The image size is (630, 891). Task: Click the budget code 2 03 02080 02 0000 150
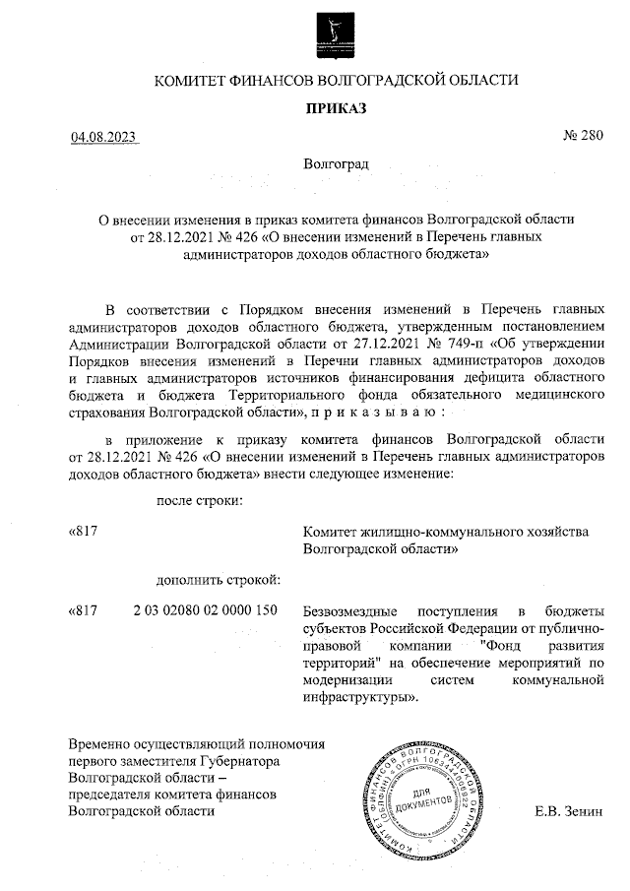(x=206, y=610)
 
